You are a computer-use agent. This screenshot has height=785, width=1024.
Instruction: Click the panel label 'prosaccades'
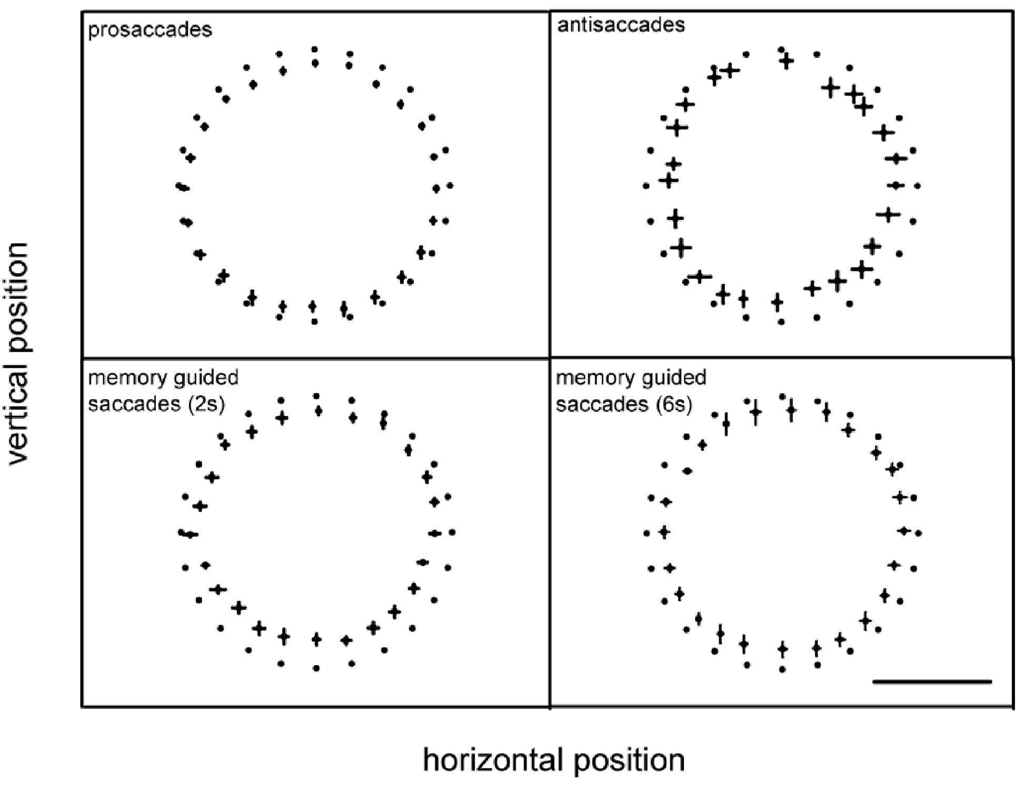(150, 29)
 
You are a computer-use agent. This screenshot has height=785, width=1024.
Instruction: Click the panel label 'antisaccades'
(621, 25)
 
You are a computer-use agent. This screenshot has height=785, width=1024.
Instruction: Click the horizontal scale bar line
(932, 681)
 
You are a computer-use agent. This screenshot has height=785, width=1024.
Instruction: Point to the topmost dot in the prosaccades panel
(314, 49)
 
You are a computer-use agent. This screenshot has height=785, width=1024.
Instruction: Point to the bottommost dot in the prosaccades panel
(314, 321)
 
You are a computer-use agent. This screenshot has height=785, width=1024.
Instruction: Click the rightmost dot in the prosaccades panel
(450, 186)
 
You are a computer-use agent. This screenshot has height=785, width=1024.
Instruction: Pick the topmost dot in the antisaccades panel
(781, 49)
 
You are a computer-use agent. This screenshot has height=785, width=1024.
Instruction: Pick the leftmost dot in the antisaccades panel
(646, 186)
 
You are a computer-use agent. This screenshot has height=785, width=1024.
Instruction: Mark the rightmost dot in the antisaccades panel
(917, 186)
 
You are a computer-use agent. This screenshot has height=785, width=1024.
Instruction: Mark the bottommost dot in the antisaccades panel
(781, 322)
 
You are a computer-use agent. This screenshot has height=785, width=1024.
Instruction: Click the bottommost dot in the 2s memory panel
(316, 668)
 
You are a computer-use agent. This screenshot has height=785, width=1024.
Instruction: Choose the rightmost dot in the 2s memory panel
(452, 532)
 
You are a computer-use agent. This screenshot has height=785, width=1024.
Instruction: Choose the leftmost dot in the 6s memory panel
(647, 533)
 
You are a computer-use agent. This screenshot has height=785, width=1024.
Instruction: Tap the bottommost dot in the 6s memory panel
(782, 669)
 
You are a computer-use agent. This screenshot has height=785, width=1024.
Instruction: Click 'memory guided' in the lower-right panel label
(631, 378)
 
